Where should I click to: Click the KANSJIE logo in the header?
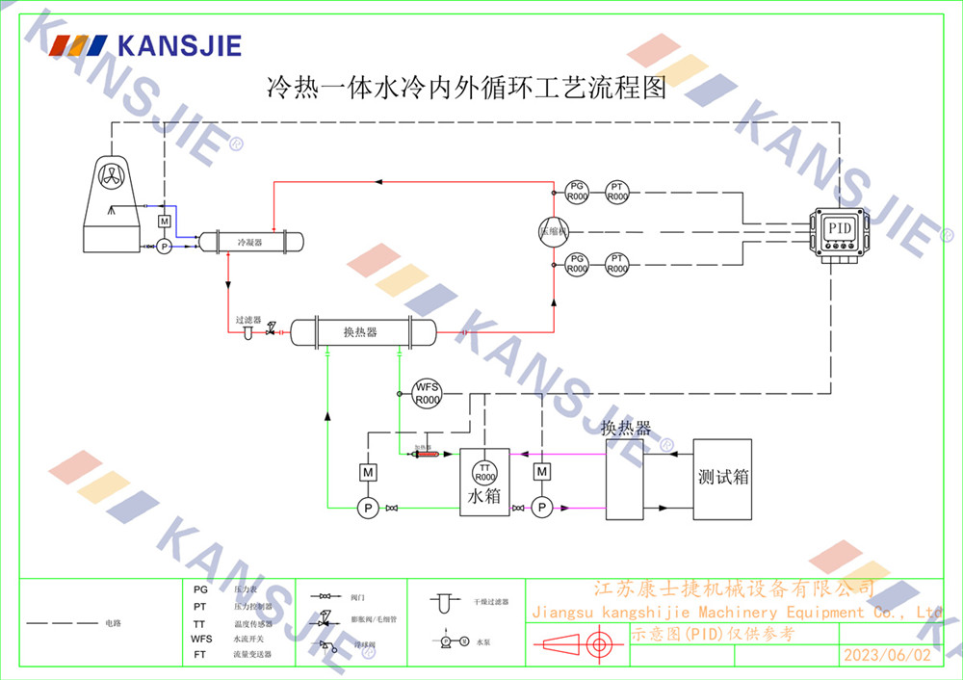(146, 44)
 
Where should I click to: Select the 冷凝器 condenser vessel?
(249, 242)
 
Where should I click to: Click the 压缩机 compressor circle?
(554, 230)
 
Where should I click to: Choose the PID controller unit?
(839, 232)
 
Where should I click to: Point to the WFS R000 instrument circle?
(427, 393)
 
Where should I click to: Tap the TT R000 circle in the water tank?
(484, 472)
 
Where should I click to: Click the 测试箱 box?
(723, 478)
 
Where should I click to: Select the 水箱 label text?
(484, 498)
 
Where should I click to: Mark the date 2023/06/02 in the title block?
(887, 655)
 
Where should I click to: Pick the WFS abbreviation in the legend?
(201, 639)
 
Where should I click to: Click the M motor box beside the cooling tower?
(164, 222)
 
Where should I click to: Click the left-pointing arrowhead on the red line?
(378, 180)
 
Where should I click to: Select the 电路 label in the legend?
(114, 623)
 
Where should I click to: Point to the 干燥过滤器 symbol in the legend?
(445, 604)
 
